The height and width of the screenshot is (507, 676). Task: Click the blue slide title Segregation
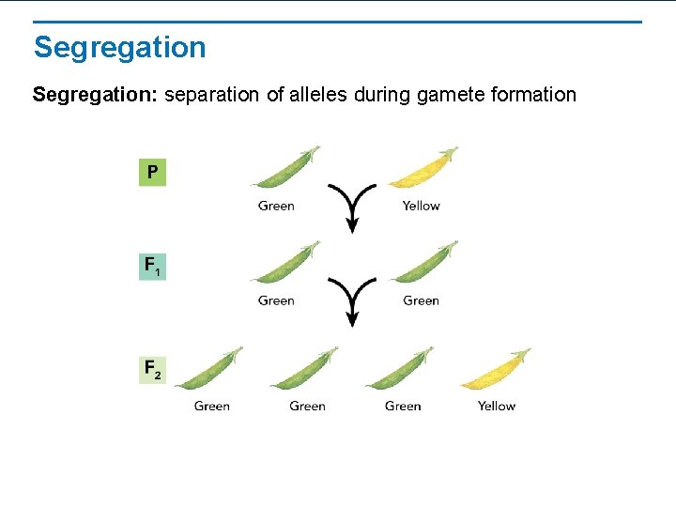tap(119, 47)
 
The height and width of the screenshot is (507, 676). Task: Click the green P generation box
tap(152, 173)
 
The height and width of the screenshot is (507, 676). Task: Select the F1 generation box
tap(152, 267)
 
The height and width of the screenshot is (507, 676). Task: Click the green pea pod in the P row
tap(284, 169)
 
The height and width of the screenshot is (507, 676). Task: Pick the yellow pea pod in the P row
tap(422, 169)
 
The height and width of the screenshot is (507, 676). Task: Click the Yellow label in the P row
tap(421, 206)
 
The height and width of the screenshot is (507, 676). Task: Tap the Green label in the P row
tap(276, 206)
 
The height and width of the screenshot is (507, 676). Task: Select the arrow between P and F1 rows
tap(351, 207)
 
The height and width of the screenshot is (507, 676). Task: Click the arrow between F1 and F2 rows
tap(351, 301)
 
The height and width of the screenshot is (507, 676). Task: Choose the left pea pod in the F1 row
tap(284, 264)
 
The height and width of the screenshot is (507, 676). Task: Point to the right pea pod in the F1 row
tap(422, 264)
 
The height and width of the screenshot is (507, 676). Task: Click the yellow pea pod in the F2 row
tap(495, 370)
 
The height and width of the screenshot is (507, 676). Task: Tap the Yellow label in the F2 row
tap(496, 406)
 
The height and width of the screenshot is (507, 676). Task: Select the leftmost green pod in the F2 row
tap(208, 370)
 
